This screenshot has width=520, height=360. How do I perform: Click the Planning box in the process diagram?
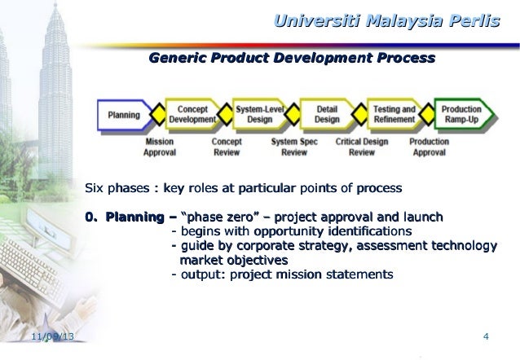pyautogui.click(x=123, y=115)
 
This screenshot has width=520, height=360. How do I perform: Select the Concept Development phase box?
pyautogui.click(x=192, y=115)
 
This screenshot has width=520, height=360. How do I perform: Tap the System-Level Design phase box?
pyautogui.click(x=259, y=115)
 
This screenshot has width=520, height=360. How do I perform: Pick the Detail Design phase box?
pyautogui.click(x=327, y=115)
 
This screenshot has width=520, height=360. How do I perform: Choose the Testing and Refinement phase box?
pyautogui.click(x=394, y=115)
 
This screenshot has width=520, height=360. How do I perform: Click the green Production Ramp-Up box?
pyautogui.click(x=461, y=115)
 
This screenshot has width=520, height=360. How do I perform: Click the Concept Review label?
pyautogui.click(x=226, y=146)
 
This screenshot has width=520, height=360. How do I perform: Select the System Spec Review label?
pyautogui.click(x=293, y=146)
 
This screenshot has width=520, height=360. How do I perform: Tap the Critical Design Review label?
pyautogui.click(x=361, y=146)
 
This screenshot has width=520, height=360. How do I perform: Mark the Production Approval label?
pyautogui.click(x=429, y=146)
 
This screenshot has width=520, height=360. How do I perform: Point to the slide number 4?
pyautogui.click(x=486, y=337)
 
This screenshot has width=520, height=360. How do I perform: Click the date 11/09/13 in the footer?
pyautogui.click(x=47, y=337)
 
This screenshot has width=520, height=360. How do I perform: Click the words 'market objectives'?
pyautogui.click(x=233, y=260)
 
